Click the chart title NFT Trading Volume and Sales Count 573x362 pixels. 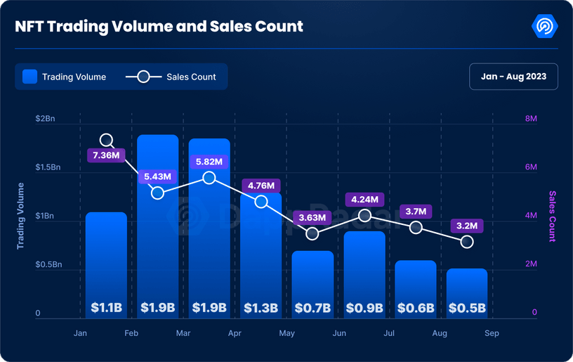point(159,27)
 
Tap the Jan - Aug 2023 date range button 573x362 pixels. point(513,77)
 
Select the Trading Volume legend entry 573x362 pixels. point(65,77)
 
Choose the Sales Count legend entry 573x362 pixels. point(171,77)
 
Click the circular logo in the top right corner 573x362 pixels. point(546,27)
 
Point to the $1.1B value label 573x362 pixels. point(106,308)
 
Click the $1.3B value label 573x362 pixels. point(261,308)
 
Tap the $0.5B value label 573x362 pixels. point(467,308)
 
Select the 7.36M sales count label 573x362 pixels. point(106,155)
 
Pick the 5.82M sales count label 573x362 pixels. point(209,162)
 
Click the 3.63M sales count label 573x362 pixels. point(312,218)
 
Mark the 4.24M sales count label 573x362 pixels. point(364,200)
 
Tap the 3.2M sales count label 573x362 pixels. point(467,226)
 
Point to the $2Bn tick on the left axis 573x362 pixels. point(45,119)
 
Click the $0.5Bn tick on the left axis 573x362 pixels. point(49,265)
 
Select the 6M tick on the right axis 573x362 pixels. point(531,167)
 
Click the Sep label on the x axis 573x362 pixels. point(492,333)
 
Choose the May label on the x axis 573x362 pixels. point(286,333)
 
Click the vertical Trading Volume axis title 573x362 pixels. point(20,216)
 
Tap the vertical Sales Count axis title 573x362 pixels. point(553,216)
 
